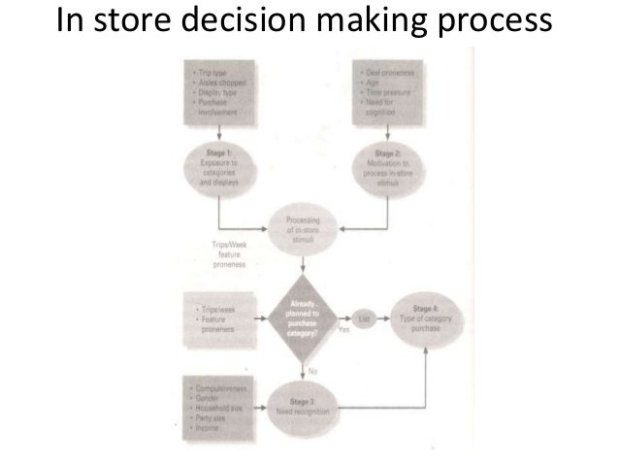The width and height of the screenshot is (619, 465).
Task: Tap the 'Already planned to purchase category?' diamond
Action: click(307, 316)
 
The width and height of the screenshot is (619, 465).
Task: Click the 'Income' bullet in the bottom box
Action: click(206, 426)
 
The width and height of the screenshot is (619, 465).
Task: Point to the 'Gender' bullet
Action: click(207, 398)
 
